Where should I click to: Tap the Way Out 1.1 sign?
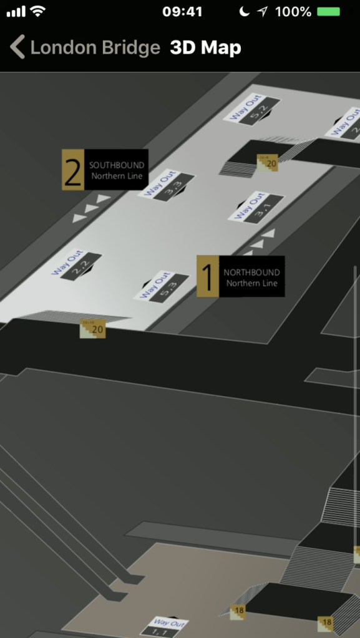162,627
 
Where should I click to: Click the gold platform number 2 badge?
73,170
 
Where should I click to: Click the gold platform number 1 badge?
208,276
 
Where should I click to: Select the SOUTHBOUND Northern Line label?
117,170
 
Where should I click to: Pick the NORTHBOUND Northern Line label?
251,278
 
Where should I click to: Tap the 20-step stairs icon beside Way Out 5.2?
268,163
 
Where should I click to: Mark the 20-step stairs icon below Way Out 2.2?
93,329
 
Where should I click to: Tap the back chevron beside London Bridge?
17,47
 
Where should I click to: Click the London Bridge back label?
95,48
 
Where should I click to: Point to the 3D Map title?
205,48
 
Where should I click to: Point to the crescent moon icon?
243,12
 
